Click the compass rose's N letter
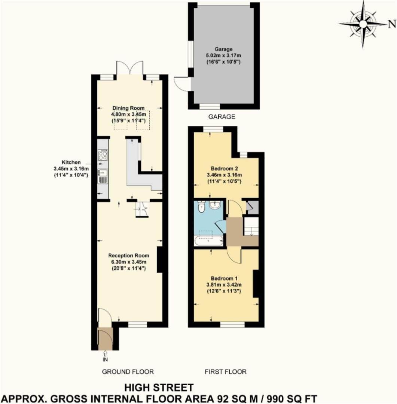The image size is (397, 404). point(392,24)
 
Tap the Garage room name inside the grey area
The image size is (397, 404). point(223,49)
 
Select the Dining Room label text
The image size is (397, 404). point(128,108)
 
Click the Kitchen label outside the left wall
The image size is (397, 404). point(71,162)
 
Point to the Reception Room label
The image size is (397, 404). point(129,255)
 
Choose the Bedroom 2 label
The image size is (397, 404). point(224,169)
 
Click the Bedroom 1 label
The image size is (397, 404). point(224,279)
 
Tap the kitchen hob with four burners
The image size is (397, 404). point(103,155)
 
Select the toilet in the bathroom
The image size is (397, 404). point(201,207)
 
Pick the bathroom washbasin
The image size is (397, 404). point(214,205)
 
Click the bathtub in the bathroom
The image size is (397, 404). point(209,241)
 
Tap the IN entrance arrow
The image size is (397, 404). point(105,353)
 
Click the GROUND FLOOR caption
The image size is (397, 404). point(128,372)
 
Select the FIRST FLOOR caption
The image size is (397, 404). point(226,372)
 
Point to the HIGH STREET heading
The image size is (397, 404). point(159,388)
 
